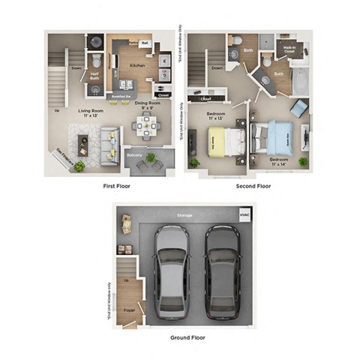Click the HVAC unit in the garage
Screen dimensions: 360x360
(243, 214)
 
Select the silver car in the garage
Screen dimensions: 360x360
(172, 271)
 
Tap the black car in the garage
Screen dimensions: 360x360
(221, 271)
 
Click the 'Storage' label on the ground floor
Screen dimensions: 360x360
(184, 215)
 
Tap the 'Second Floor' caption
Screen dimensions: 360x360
(254, 184)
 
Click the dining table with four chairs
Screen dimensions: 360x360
(145, 126)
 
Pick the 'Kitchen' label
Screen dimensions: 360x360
(137, 65)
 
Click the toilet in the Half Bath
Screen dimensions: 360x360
(95, 61)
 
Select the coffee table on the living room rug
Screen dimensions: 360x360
(82, 140)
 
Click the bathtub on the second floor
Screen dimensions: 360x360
(300, 83)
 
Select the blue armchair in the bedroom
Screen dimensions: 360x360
(298, 109)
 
